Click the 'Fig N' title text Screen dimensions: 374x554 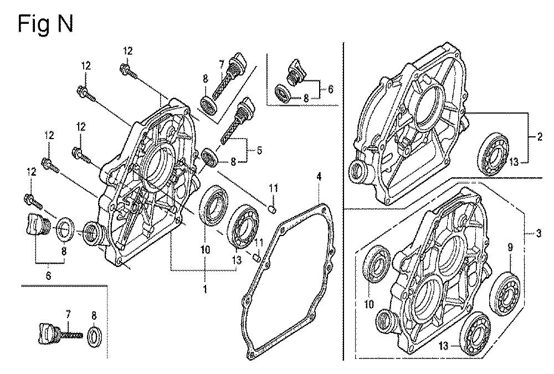[x=45, y=24]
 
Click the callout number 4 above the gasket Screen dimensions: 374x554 [x=319, y=177]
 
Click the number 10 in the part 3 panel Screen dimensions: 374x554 [x=370, y=304]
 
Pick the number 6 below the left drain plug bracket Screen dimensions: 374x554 [x=48, y=275]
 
